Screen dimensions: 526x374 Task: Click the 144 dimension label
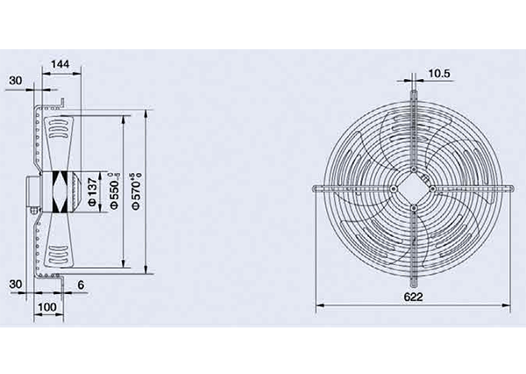point(60,63)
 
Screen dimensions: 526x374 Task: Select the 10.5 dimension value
point(439,73)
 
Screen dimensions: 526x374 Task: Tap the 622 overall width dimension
point(413,297)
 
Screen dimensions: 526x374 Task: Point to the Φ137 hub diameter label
point(92,192)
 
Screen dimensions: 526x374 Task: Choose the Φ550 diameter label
point(115,191)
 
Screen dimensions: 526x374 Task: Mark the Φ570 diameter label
point(136,191)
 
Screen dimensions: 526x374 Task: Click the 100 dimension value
point(47,306)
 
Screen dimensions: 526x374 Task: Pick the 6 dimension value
point(81,285)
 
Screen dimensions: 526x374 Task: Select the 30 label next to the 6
point(16,284)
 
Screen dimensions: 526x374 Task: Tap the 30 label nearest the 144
point(16,80)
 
